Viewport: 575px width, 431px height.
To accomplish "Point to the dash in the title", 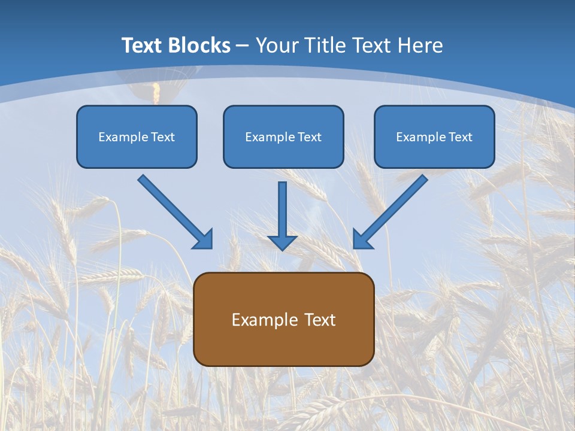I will coord(243,46).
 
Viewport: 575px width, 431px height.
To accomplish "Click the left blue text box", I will coord(137,136).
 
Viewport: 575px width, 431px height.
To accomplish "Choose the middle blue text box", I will coord(283,136).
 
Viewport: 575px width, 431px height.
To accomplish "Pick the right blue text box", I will coord(434,136).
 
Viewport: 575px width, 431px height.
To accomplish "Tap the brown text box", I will coord(283,319).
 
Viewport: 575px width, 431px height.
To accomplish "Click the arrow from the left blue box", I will coord(173,210).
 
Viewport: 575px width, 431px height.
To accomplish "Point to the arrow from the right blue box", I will coord(392,210).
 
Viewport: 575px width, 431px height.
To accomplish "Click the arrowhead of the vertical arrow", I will coord(282,242).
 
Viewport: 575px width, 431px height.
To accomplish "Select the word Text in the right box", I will coord(461,137).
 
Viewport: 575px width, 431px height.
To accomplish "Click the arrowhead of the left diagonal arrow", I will coord(204,240).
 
